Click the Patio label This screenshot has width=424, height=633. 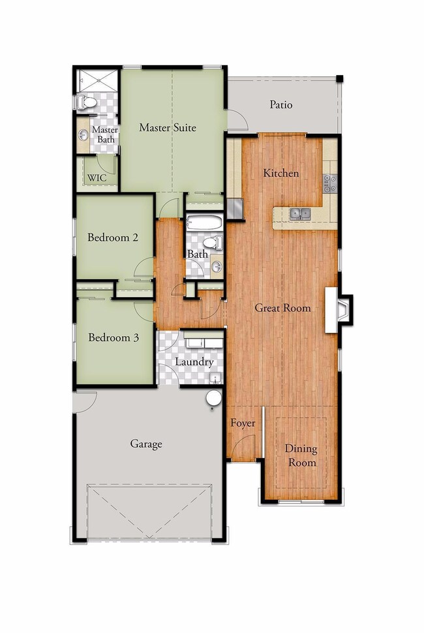281,104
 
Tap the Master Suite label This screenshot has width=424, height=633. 167,128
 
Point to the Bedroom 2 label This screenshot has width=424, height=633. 113,238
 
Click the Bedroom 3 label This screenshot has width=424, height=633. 114,337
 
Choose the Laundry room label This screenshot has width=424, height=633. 194,362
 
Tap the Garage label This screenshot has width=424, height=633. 145,444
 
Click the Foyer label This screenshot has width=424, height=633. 243,424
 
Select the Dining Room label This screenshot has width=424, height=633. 301,455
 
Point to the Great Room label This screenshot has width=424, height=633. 282,307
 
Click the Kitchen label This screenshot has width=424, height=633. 280,173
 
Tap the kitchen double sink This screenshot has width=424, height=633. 301,213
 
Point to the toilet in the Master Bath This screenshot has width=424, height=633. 85,102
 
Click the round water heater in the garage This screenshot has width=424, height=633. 213,398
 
